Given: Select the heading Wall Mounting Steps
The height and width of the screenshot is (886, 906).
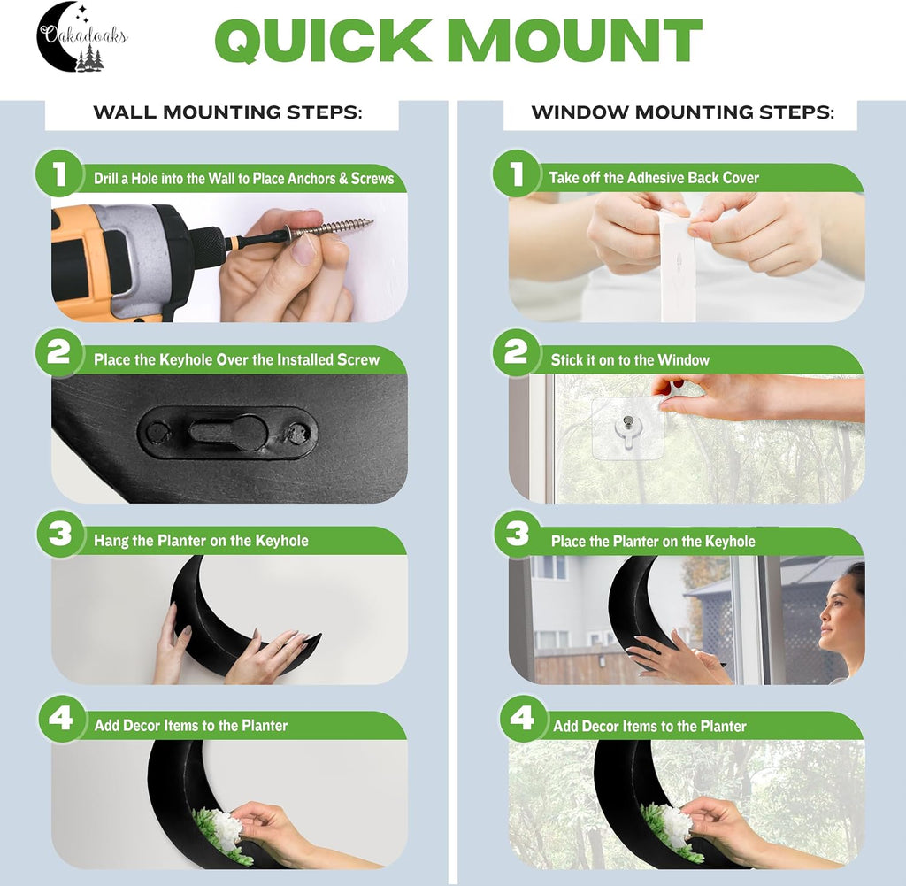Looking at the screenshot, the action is point(227,112).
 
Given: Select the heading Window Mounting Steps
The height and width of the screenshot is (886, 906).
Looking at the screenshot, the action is point(683,112).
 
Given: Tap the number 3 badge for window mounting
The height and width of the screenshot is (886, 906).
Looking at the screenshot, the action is point(517,534).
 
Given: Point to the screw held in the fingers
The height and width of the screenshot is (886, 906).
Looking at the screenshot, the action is point(328,227).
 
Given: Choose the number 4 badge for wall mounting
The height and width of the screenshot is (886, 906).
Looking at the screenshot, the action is point(60,719).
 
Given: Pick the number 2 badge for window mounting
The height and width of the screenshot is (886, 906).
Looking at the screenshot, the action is point(516,352).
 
